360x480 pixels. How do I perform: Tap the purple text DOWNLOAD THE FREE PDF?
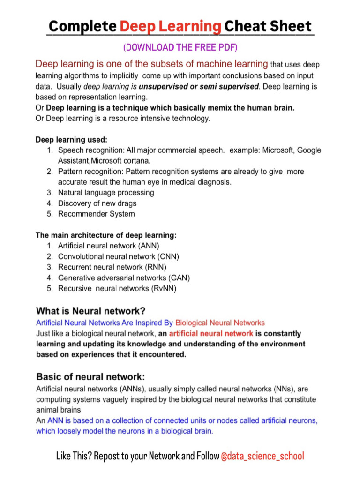click(x=180, y=47)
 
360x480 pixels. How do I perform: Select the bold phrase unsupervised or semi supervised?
click(x=199, y=87)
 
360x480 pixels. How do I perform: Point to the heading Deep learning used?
click(x=71, y=140)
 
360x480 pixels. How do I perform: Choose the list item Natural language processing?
click(x=106, y=193)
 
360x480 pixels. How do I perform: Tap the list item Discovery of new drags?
click(x=97, y=203)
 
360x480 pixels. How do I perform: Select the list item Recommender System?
click(x=96, y=214)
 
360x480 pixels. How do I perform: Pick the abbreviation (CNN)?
click(x=168, y=257)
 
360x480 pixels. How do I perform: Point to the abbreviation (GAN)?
click(x=179, y=278)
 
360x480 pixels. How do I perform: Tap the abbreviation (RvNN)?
click(x=164, y=289)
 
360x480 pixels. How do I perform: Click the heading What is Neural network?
click(x=91, y=311)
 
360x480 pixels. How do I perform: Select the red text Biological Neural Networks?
click(x=220, y=323)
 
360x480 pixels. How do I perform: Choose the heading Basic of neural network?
click(x=90, y=377)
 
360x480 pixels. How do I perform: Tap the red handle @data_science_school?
click(x=262, y=456)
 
